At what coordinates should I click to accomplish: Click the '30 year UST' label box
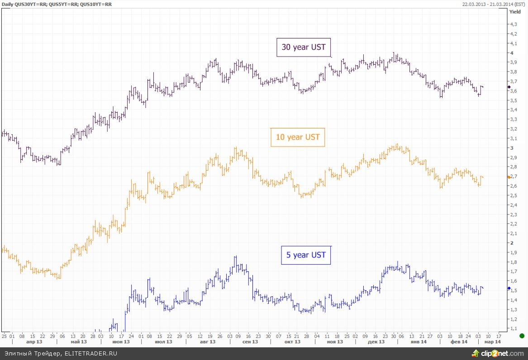point(304,47)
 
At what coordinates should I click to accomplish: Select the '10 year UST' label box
point(298,137)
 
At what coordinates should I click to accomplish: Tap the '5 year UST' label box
point(306,255)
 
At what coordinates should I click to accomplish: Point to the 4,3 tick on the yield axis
point(514,24)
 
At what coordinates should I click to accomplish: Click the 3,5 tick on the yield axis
point(514,100)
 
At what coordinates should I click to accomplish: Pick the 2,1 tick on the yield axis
point(514,233)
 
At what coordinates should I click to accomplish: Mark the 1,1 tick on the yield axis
point(514,328)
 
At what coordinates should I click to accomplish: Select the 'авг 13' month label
point(208,342)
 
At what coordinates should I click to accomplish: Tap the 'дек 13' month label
point(376,342)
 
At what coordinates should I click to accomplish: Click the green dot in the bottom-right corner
point(522,336)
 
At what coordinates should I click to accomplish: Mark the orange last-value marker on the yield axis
point(509,177)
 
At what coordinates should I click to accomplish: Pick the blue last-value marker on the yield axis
point(509,288)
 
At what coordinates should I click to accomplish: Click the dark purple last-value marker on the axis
point(509,86)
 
